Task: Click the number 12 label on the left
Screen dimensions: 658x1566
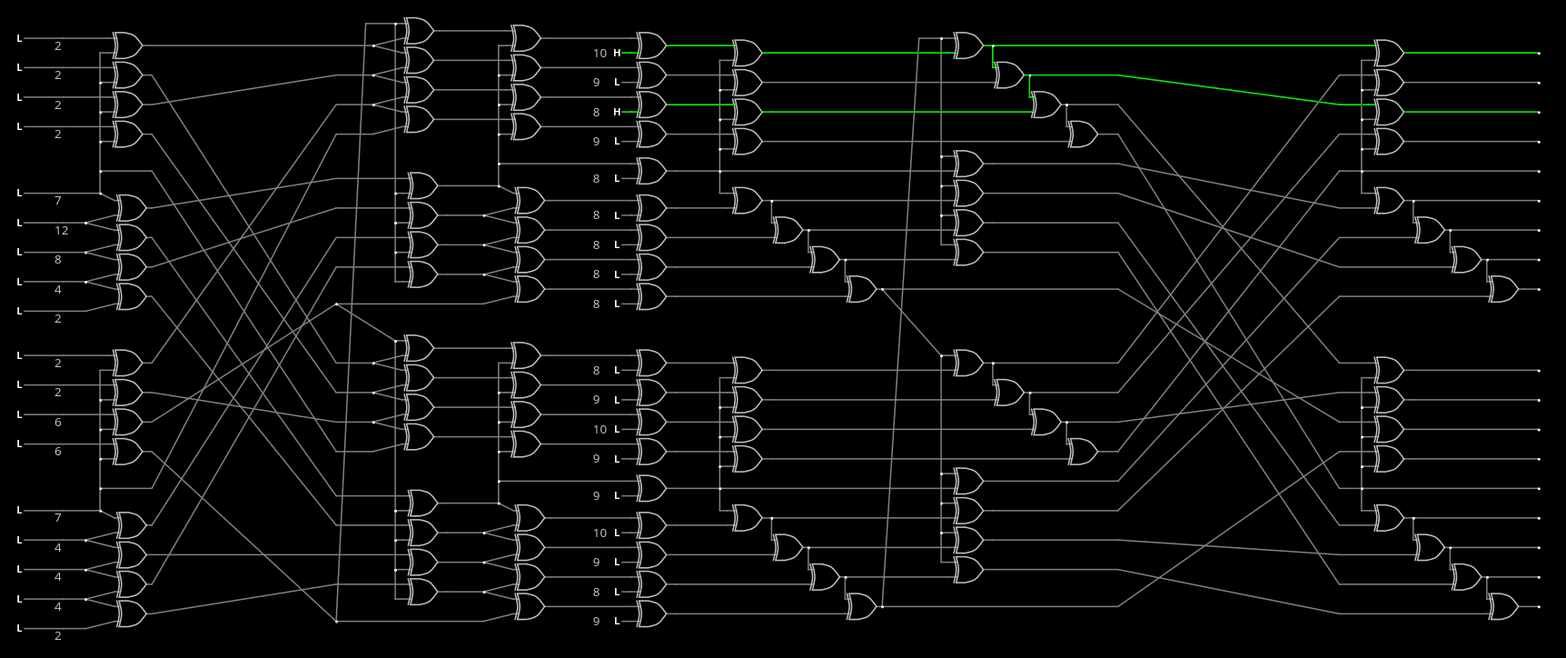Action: click(62, 230)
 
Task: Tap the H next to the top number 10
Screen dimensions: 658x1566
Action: click(617, 53)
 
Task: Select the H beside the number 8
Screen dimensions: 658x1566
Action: click(617, 112)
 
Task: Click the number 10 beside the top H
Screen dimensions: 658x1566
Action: click(600, 53)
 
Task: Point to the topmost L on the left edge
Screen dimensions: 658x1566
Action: click(19, 38)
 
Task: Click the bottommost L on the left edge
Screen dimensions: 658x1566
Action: click(19, 628)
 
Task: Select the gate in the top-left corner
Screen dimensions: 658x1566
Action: click(126, 45)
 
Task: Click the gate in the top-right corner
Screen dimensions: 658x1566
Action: click(1388, 53)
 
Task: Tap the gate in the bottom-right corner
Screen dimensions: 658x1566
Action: click(1502, 606)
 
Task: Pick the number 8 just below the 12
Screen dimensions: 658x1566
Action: click(58, 260)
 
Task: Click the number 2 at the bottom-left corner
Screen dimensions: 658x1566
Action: click(58, 636)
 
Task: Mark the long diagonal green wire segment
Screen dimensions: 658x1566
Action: click(1226, 89)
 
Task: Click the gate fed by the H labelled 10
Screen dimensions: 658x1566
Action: click(650, 45)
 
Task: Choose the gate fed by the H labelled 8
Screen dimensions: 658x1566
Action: click(650, 105)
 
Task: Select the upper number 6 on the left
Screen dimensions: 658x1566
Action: click(58, 422)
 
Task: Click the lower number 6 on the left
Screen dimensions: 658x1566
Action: click(58, 452)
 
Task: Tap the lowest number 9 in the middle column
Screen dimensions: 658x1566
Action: click(597, 621)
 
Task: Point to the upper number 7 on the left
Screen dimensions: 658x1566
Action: click(58, 200)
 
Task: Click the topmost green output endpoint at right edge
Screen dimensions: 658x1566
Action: click(1539, 54)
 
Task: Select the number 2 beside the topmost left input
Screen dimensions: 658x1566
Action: click(58, 45)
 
